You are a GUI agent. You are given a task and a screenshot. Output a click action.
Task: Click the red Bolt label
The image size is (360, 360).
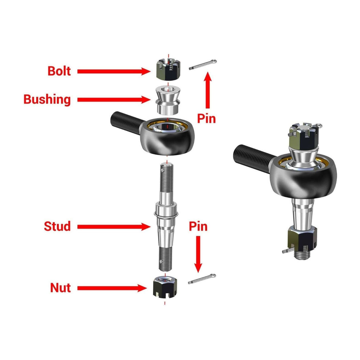59,71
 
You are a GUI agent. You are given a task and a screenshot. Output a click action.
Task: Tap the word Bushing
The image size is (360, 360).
47,99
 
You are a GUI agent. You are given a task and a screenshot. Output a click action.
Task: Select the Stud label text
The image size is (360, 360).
57,226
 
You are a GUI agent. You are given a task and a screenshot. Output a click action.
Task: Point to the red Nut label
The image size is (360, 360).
60,288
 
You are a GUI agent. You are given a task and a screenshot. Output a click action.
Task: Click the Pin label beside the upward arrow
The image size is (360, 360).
207,119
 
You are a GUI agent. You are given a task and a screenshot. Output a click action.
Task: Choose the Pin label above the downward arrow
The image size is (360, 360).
198,227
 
